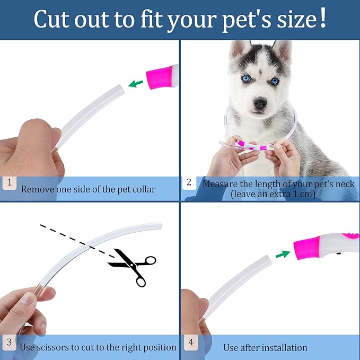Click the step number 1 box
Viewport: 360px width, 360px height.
pos(9,183)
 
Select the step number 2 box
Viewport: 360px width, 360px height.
pos(189,183)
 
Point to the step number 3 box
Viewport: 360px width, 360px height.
pos(9,343)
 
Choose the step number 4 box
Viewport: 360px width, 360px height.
pos(189,343)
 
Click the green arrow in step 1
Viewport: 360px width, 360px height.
pos(136,83)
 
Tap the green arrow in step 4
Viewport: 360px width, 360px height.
pos(283,254)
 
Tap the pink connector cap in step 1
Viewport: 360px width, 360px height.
pos(162,76)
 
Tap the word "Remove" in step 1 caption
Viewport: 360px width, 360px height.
pos(38,189)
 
